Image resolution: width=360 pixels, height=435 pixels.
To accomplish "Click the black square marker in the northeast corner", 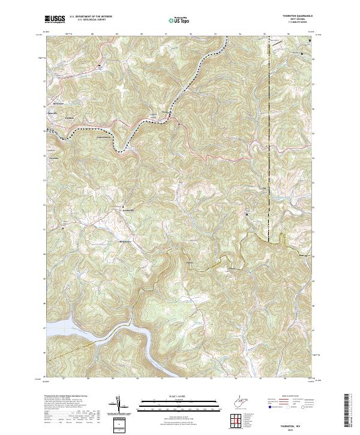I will (x=310, y=41).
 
